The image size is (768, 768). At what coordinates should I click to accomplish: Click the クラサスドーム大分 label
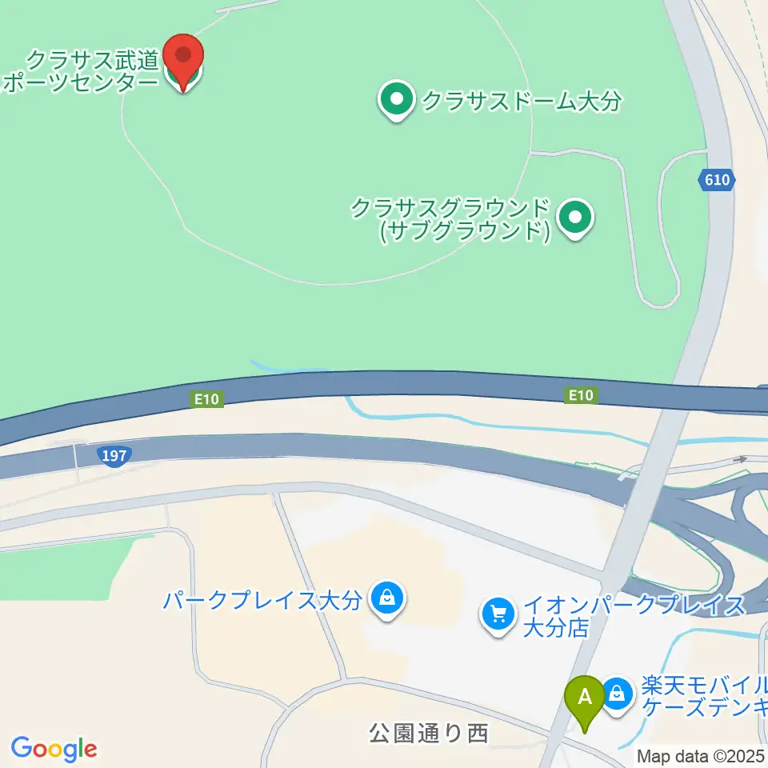(522, 102)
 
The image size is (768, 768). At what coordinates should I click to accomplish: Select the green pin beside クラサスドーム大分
(395, 100)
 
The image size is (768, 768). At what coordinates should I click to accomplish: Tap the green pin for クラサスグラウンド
(574, 218)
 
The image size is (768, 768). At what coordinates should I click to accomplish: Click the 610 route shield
(718, 180)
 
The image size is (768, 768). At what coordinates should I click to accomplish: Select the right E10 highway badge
(581, 394)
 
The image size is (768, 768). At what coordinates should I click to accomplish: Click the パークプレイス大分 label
(263, 600)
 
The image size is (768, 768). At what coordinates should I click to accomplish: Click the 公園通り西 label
(429, 733)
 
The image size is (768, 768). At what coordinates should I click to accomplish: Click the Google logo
(54, 749)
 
